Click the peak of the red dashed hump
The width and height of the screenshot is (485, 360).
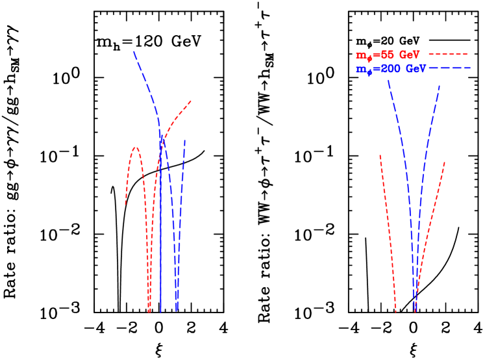coord(136,148)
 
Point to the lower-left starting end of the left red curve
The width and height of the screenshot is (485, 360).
coord(125,205)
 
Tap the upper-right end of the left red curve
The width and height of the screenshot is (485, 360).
coord(191,101)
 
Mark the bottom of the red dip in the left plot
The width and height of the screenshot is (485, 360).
coord(149,311)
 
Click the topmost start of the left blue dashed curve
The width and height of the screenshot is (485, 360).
coord(134,51)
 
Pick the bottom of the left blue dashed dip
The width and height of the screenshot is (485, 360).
coord(177,310)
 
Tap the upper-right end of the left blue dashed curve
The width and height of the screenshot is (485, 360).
coord(184,140)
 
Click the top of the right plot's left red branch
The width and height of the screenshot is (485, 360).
coord(380,155)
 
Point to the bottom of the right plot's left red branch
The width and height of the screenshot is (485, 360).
coord(395,310)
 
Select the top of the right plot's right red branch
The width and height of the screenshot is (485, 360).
coord(445,162)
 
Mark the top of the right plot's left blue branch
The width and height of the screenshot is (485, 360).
coord(388,81)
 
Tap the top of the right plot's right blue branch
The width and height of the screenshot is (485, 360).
coord(440,85)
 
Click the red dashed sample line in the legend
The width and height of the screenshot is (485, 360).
coord(448,55)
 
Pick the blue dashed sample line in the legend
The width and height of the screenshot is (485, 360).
coord(449,68)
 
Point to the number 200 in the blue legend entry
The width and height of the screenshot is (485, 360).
coord(390,68)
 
